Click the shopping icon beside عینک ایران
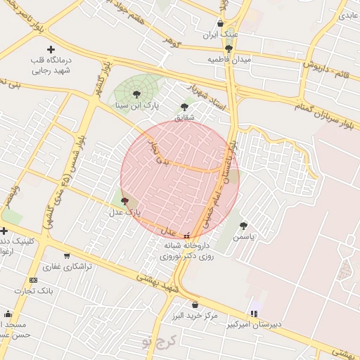pyautogui.click(x=220, y=23)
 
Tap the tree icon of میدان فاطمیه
pyautogui.click(x=229, y=49)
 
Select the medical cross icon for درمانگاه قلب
pyautogui.click(x=50, y=49)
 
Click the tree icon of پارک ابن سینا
pyautogui.click(x=136, y=93)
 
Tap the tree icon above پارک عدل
pyautogui.click(x=125, y=201)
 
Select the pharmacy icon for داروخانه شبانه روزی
pyautogui.click(x=186, y=236)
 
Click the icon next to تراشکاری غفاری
pyautogui.click(x=67, y=256)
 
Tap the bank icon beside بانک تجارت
pyautogui.click(x=34, y=280)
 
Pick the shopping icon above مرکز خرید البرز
pyautogui.click(x=195, y=304)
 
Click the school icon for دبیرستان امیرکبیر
pyautogui.click(x=254, y=313)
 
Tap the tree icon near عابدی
pyautogui.click(x=344, y=14)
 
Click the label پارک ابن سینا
pyautogui.click(x=138, y=105)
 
